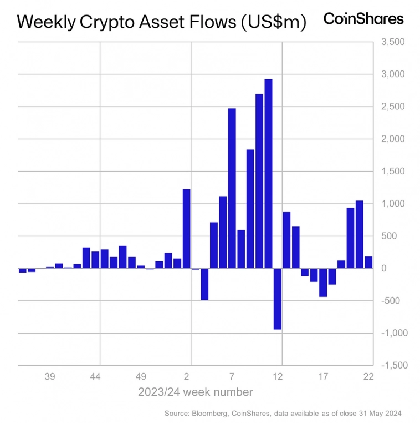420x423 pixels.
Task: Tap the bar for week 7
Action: [232, 188]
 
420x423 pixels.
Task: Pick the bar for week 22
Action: [368, 262]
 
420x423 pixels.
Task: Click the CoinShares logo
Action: [363, 19]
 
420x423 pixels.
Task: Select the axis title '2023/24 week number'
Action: [196, 392]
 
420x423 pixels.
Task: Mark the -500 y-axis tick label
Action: [393, 301]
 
